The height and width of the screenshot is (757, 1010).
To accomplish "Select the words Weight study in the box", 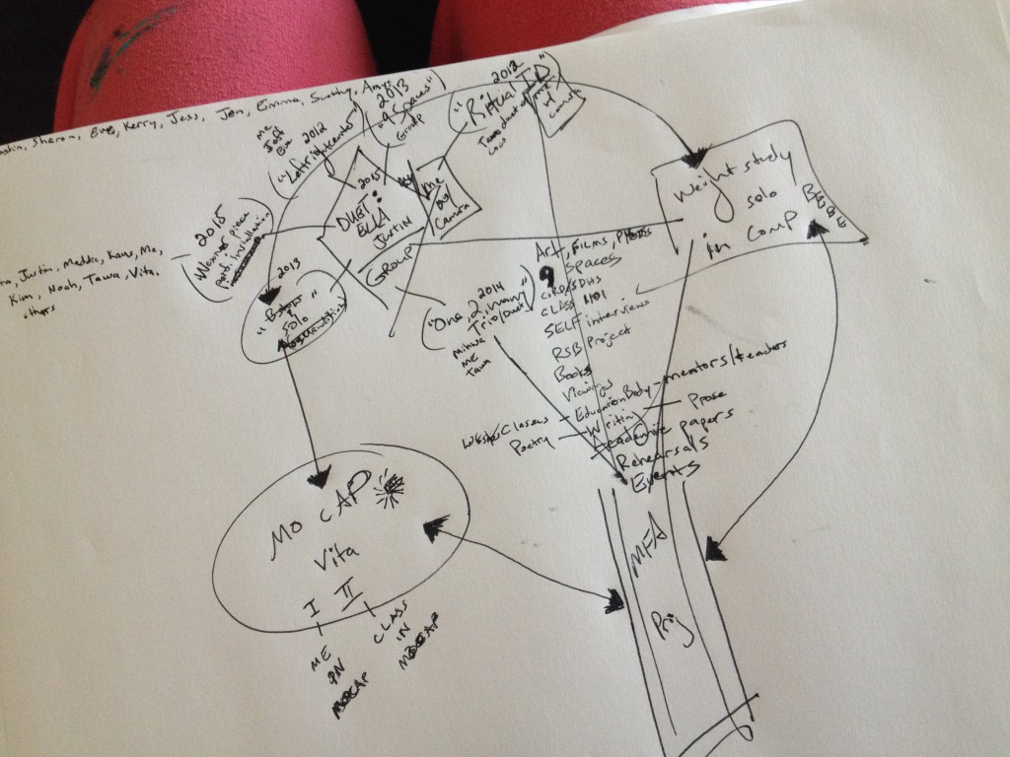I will (720, 181).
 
